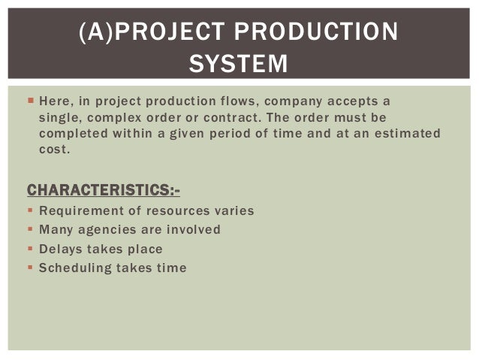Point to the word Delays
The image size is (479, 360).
coord(60,248)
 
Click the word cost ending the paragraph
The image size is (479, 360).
coord(54,150)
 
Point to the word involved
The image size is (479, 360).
coord(194,229)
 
